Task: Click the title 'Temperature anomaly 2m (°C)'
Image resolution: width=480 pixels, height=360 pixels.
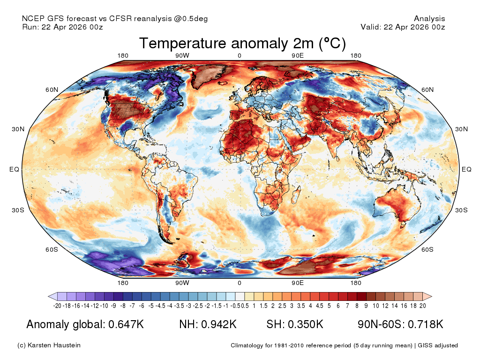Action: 242,43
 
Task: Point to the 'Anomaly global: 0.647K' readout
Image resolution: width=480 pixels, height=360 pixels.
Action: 85,324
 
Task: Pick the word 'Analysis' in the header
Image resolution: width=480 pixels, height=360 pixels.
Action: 429,19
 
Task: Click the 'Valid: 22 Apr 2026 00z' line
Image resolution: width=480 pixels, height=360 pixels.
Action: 403,27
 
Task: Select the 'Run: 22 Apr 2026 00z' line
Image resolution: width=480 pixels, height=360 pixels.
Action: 62,27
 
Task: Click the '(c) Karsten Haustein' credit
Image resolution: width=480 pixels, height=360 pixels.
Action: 49,345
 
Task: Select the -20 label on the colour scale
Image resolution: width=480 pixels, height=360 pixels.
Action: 57,306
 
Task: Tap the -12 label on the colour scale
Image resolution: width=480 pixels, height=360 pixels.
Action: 95,306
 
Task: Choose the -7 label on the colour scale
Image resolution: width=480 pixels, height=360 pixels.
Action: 132,306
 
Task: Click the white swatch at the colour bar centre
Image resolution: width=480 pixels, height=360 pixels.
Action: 240,296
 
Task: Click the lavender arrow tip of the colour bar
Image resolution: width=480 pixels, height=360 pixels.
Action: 49,296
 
